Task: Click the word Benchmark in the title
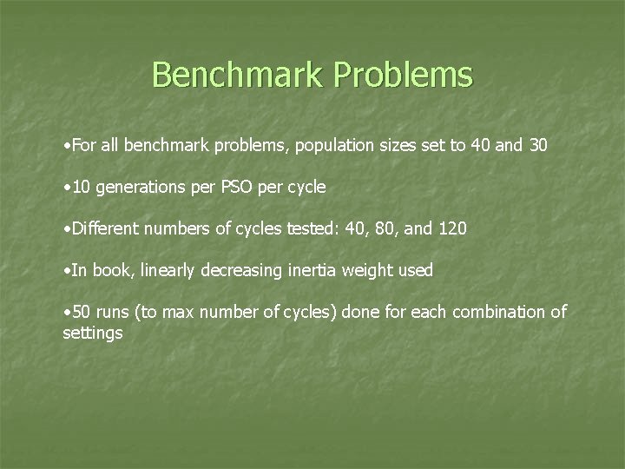[x=240, y=75]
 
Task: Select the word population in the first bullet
[x=333, y=145]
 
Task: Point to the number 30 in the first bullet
[x=537, y=145]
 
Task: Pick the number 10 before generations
[x=82, y=187]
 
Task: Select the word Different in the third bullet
[x=106, y=228]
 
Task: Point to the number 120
[x=452, y=228]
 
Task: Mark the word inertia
[x=309, y=270]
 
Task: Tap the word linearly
[x=166, y=270]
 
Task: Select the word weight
[x=365, y=270]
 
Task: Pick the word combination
[x=502, y=312]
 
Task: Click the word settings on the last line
[x=92, y=333]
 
